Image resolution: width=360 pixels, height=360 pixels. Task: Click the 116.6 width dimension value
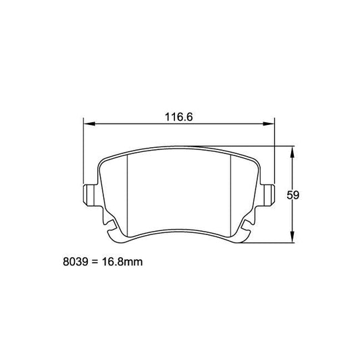pos(179,116)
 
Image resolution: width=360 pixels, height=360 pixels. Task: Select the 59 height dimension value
pos(293,195)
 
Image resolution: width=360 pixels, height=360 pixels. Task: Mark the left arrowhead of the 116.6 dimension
pos(87,124)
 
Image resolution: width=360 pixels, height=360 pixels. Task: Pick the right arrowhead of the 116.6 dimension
pos(272,124)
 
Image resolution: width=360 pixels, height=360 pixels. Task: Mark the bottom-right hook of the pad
pos(247,232)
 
